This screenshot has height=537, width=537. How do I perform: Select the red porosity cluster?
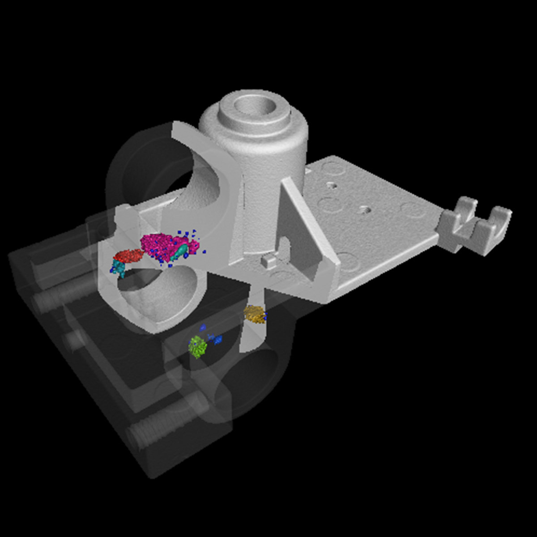pos(128,256)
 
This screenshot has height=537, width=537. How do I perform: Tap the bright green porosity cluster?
pos(197,346)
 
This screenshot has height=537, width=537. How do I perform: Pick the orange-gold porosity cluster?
pos(254,314)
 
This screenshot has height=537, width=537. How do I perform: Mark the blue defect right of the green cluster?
pos(218,340)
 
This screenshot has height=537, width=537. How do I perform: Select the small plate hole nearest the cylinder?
pos(331,184)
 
